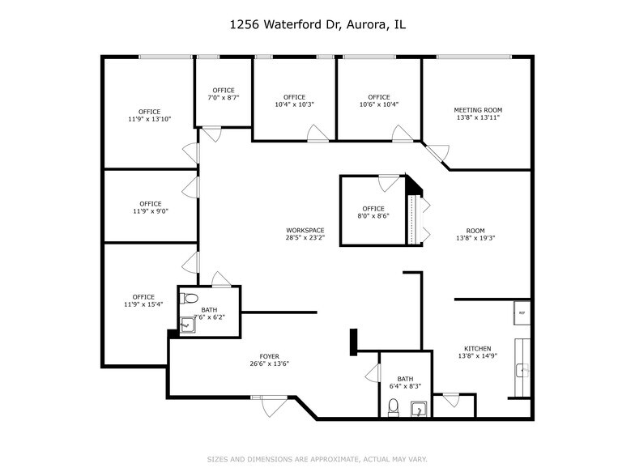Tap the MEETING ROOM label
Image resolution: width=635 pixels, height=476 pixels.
[477, 110]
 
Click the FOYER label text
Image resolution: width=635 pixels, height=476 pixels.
[269, 356]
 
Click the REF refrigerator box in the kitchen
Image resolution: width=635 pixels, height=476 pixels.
[522, 312]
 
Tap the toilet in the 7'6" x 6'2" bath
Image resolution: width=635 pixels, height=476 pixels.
[185, 297]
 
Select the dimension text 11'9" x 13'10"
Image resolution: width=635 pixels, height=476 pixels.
[149, 120]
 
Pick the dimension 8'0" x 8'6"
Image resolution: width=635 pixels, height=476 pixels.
[373, 216]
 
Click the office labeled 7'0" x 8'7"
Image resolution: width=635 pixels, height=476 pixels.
[224, 93]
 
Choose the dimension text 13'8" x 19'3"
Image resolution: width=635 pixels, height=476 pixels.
[475, 238]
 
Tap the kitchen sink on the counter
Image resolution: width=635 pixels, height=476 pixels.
[522, 371]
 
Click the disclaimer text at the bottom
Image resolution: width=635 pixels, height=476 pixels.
[317, 459]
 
